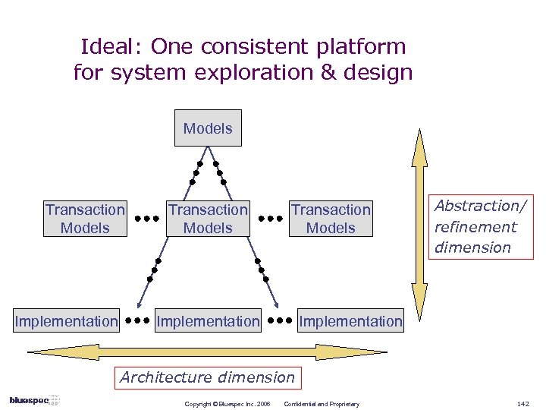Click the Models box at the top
[208, 128]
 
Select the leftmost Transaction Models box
[85, 219]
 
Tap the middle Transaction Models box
[208, 219]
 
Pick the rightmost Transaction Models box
[331, 219]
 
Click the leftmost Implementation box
[67, 321]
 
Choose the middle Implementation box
[208, 321]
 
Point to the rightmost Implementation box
[350, 321]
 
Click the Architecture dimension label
[208, 377]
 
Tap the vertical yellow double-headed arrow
[419, 221]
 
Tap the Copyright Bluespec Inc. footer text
[227, 403]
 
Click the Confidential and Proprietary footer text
[321, 403]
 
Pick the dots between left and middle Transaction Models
[146, 219]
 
